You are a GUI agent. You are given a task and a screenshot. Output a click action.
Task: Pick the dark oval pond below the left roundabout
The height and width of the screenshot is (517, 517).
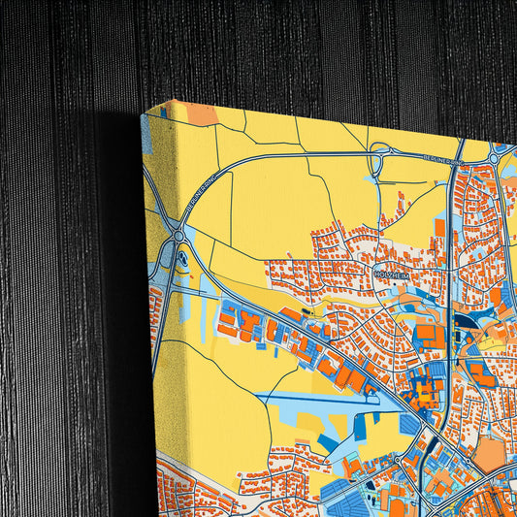184,259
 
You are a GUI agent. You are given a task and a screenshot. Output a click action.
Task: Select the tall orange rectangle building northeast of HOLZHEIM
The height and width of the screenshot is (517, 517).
439,228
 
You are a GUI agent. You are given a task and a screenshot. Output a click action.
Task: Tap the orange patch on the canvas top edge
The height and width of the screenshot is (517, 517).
202,113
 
